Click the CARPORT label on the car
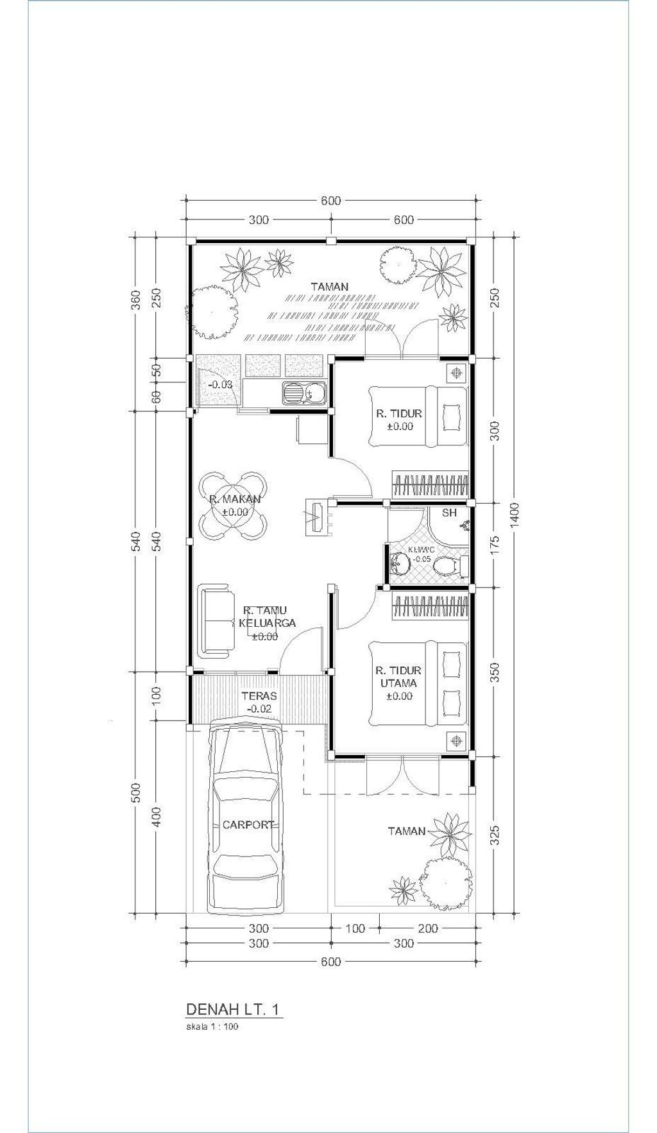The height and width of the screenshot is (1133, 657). (248, 825)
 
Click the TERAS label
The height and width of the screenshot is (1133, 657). (259, 695)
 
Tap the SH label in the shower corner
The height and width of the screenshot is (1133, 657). (450, 513)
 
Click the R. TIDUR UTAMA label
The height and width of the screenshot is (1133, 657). (399, 677)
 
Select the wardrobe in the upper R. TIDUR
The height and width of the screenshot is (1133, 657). (430, 485)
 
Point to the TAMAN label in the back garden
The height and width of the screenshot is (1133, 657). (329, 287)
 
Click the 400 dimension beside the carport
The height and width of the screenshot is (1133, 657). (157, 817)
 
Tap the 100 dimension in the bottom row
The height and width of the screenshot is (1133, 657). (355, 928)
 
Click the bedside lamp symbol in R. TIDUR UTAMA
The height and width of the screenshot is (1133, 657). (456, 741)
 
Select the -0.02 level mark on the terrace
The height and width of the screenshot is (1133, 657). (259, 710)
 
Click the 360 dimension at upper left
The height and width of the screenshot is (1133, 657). (135, 300)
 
